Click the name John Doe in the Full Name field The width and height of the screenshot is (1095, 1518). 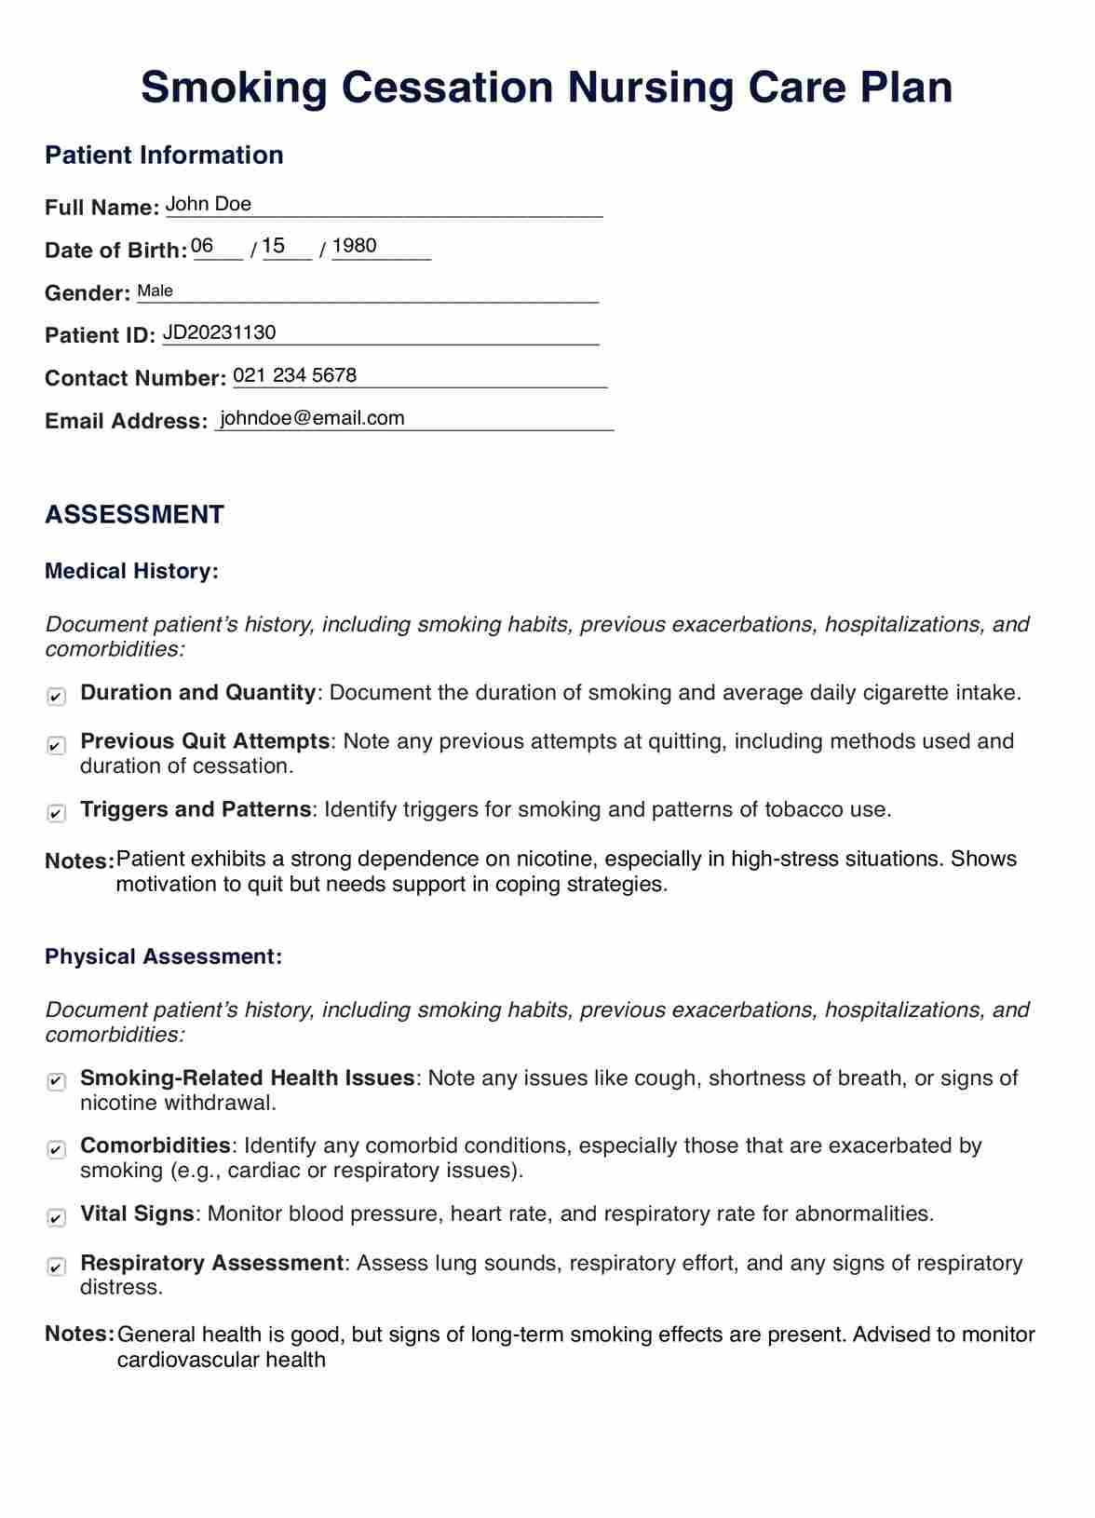(x=209, y=204)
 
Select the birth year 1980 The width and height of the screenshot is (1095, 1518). (x=355, y=246)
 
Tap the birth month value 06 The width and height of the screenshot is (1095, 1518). (x=202, y=246)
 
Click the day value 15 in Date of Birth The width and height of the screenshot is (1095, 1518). (x=274, y=246)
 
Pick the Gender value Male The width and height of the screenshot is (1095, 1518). (x=155, y=291)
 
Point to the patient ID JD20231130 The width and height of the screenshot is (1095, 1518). (x=220, y=332)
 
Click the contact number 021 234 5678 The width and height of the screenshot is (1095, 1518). (x=295, y=375)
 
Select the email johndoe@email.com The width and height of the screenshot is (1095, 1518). (x=313, y=418)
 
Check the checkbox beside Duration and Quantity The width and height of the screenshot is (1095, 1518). (x=57, y=697)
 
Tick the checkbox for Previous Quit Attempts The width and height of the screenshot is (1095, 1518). (x=57, y=746)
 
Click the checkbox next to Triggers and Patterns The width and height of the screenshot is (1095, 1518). (x=57, y=814)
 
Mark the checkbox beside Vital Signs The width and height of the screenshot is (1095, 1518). (x=57, y=1218)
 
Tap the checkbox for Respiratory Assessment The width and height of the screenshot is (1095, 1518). (x=57, y=1267)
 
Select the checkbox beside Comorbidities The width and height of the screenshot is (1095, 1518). (x=57, y=1150)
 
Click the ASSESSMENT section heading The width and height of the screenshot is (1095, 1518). (x=135, y=515)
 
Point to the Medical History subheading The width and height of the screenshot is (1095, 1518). (x=132, y=571)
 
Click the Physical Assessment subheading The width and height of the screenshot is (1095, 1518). (x=164, y=956)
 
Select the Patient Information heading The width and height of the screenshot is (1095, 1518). (x=165, y=155)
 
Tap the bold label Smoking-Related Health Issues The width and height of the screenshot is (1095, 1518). (x=248, y=1078)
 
